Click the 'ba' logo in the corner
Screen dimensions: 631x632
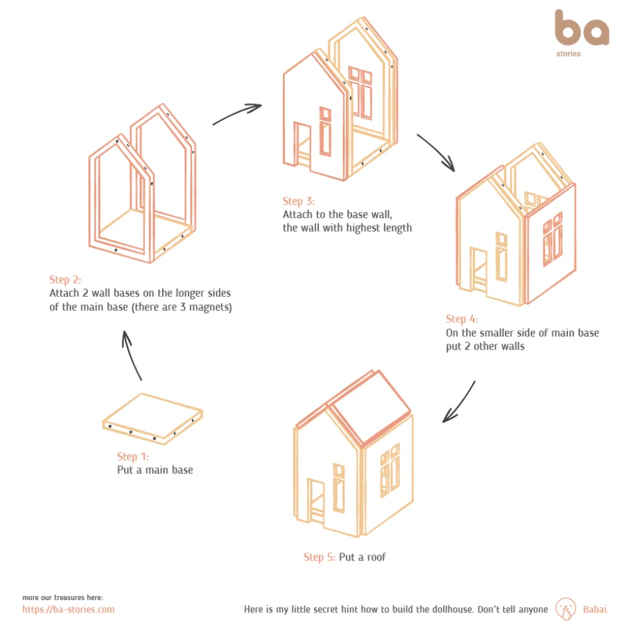(x=582, y=28)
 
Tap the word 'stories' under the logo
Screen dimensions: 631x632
(x=568, y=53)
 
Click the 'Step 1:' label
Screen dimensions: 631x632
(x=133, y=456)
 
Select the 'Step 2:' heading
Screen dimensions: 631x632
(x=65, y=279)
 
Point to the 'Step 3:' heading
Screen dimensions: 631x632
(x=299, y=201)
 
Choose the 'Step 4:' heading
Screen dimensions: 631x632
(x=462, y=319)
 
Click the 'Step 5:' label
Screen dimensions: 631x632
(x=319, y=557)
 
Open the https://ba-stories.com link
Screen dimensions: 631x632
(x=68, y=609)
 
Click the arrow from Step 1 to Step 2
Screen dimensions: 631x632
(x=131, y=355)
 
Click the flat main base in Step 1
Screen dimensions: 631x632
(x=152, y=419)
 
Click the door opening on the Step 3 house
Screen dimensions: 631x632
(x=302, y=143)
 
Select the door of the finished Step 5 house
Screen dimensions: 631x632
(x=315, y=501)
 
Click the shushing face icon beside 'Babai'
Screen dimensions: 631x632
(x=566, y=609)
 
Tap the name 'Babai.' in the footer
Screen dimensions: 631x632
(x=595, y=609)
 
